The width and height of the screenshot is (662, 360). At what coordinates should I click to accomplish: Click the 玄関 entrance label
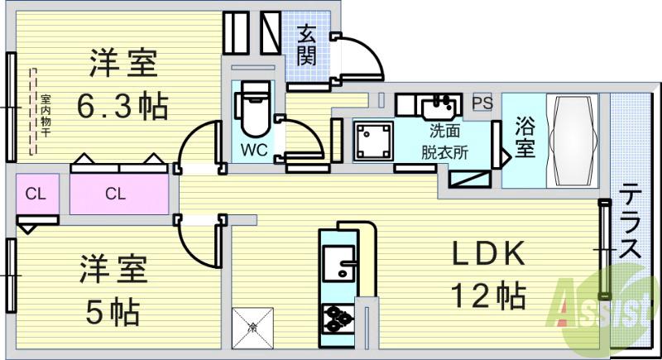click(x=307, y=46)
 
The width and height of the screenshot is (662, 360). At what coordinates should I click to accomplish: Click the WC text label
click(x=253, y=151)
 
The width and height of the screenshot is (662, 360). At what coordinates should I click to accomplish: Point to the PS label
click(x=482, y=103)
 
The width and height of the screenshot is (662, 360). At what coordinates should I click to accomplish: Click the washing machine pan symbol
click(x=373, y=141)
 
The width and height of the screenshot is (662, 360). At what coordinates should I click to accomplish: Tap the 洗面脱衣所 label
click(x=444, y=142)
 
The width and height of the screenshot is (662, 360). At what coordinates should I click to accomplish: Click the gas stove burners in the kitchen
click(x=338, y=319)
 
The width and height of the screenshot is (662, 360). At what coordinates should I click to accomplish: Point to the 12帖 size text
click(x=488, y=294)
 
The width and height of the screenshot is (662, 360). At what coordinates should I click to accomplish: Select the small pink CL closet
click(x=35, y=194)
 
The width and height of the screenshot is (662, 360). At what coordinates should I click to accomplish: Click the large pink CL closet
click(x=116, y=194)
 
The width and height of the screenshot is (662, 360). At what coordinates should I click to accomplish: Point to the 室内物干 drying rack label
click(x=46, y=112)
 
